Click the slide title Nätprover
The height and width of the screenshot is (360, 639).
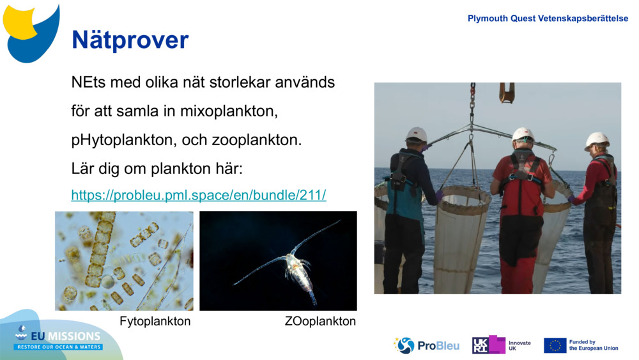[x=130, y=40]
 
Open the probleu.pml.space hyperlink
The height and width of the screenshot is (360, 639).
[x=198, y=195]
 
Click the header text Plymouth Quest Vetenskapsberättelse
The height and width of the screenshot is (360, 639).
[x=548, y=19]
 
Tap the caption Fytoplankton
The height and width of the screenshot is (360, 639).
[x=155, y=321]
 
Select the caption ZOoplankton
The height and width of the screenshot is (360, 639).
[x=320, y=321]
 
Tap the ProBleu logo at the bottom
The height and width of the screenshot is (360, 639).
[x=426, y=345]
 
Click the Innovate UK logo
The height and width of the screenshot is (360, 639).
[x=501, y=345]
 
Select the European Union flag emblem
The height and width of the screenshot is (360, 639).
[x=555, y=345]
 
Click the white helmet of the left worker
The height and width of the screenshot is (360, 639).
[x=417, y=134]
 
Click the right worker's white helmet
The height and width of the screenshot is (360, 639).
[x=597, y=140]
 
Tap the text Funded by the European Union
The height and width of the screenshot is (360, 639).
[x=593, y=345]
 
